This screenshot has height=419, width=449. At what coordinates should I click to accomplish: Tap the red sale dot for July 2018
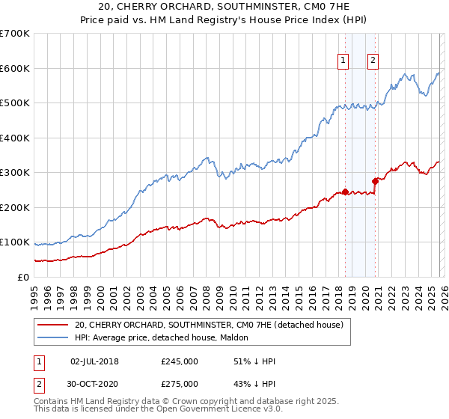345,192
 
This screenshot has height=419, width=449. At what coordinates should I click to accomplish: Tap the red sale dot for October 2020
375,180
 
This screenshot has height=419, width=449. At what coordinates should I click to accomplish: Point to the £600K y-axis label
14,68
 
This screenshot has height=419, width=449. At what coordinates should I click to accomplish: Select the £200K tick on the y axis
14,207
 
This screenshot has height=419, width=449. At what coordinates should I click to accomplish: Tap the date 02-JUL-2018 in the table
94,361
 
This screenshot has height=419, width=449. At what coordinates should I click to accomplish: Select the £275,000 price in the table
180,384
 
